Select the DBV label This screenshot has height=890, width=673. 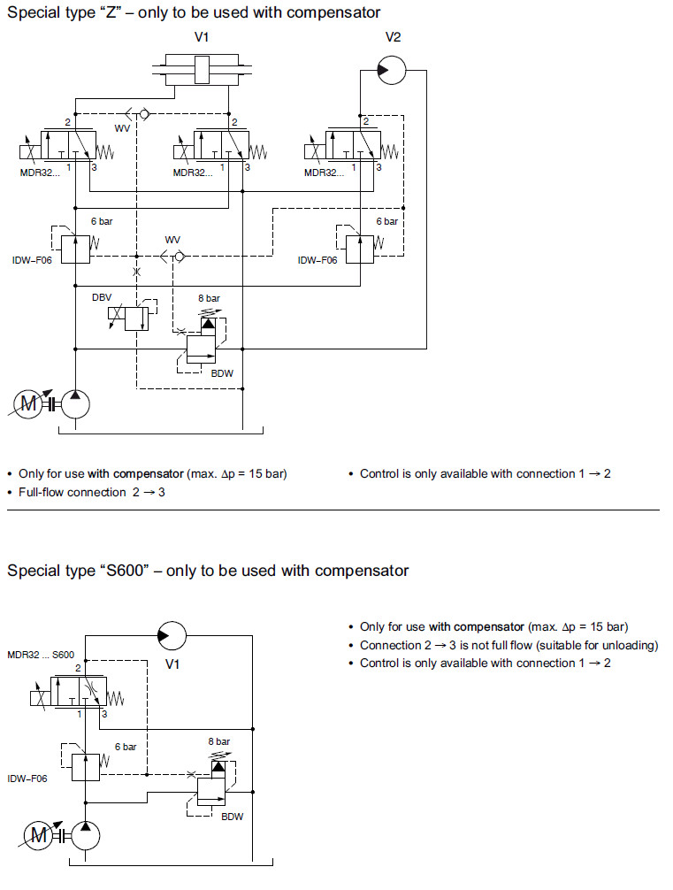pyautogui.click(x=102, y=298)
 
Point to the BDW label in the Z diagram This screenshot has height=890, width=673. pyautogui.click(x=222, y=373)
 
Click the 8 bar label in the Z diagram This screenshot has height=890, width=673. pyautogui.click(x=209, y=299)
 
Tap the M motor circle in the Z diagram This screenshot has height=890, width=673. pyautogui.click(x=29, y=404)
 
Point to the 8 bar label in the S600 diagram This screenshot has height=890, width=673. pyautogui.click(x=219, y=741)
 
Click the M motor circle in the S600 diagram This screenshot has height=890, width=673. pyautogui.click(x=39, y=833)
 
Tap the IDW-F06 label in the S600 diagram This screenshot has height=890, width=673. pyautogui.click(x=27, y=779)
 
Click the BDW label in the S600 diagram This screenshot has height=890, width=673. pyautogui.click(x=232, y=816)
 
